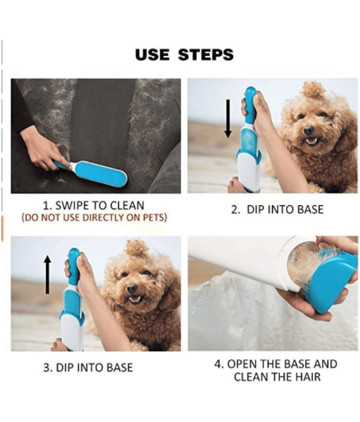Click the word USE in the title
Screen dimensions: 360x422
tap(152, 55)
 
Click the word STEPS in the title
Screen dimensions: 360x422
tap(206, 55)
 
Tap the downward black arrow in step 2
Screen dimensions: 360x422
tap(228, 118)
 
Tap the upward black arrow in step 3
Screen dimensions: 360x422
tap(47, 274)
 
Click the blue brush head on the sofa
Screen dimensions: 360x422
tap(100, 174)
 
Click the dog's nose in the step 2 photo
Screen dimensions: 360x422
tap(308, 130)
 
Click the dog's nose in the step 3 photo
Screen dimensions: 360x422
tap(131, 289)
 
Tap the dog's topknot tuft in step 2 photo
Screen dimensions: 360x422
tap(313, 90)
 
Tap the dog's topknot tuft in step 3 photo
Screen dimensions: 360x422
tap(137, 248)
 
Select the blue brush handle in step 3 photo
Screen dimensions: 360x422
tap(74, 267)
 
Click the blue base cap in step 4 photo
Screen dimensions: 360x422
tap(332, 283)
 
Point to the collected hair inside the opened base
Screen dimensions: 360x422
tap(303, 265)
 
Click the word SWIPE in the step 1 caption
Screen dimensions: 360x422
tap(72, 206)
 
